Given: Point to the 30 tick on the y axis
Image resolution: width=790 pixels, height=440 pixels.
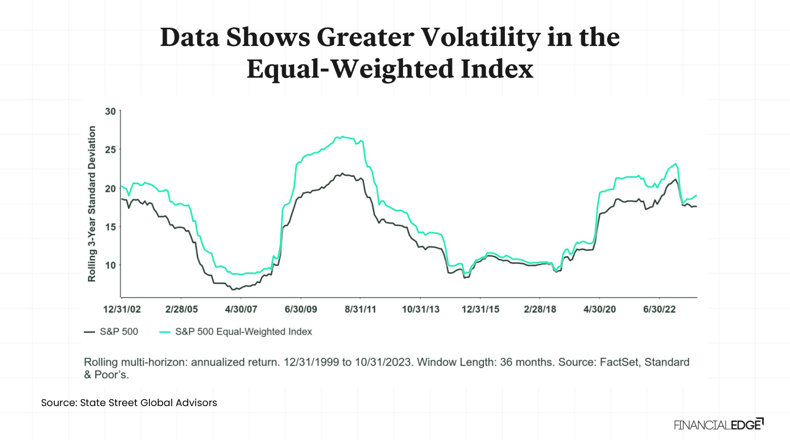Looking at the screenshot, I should [x=110, y=111].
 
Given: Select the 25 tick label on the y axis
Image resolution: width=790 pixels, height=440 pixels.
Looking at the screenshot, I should [x=110, y=150].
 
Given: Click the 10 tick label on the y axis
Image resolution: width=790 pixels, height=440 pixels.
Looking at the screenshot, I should [x=110, y=265].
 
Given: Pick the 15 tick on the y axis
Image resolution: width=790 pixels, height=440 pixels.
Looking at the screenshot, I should [x=110, y=227].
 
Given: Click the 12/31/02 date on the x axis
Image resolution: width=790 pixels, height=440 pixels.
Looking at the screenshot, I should [x=122, y=309].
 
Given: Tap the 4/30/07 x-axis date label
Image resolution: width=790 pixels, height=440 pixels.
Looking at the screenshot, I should [x=241, y=309].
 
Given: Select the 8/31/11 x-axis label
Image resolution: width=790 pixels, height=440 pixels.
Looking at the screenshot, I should [x=360, y=309].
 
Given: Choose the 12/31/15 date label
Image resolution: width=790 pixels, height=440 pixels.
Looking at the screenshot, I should [x=480, y=309].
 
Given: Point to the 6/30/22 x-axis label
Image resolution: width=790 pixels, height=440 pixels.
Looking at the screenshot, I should [x=659, y=309].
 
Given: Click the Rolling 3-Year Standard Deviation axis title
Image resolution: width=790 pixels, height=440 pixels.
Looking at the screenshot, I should [x=92, y=204].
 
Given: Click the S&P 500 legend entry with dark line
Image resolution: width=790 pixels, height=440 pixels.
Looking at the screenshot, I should [x=111, y=332].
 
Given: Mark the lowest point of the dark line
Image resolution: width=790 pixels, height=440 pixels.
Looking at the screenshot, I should [x=233, y=289].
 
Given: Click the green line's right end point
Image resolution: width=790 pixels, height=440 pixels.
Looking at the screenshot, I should [x=696, y=196].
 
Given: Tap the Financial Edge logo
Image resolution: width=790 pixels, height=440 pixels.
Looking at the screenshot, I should [x=718, y=425].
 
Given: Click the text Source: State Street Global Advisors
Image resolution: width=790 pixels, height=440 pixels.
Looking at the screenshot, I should [x=129, y=403].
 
